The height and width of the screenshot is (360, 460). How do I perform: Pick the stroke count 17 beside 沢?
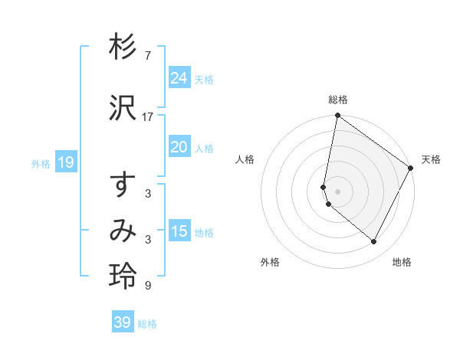pyautogui.click(x=148, y=116)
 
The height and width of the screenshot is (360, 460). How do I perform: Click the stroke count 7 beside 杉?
pyautogui.click(x=148, y=56)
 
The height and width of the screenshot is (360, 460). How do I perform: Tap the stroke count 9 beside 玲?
pyautogui.click(x=148, y=286)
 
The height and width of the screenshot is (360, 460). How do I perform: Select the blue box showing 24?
pyautogui.click(x=179, y=77)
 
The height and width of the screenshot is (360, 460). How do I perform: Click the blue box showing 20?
pyautogui.click(x=179, y=147)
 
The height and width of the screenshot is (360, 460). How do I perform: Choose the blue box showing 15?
pyautogui.click(x=179, y=231)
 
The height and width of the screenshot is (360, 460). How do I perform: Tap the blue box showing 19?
pyautogui.click(x=65, y=162)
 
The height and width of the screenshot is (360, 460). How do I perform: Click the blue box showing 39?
pyautogui.click(x=122, y=322)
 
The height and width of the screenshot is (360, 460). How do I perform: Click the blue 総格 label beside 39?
pyautogui.click(x=147, y=324)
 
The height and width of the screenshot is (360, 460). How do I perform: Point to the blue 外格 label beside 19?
pyautogui.click(x=40, y=163)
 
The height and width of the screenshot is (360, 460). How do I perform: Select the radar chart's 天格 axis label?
pyautogui.click(x=431, y=159)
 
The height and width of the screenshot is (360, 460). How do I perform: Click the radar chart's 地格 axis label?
pyautogui.click(x=402, y=262)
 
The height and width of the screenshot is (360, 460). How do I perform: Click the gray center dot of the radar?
pyautogui.click(x=337, y=191)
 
